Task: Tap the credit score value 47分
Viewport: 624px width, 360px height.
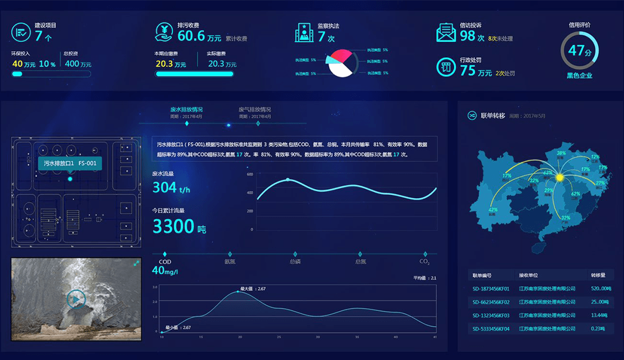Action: (579, 50)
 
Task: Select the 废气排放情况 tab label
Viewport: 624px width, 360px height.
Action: (255, 109)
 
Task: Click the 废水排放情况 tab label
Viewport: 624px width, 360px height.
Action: (186, 109)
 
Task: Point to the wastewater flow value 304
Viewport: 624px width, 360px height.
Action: (165, 187)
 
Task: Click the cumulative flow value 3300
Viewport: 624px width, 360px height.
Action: (174, 226)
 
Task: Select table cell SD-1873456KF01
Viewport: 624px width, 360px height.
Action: (491, 289)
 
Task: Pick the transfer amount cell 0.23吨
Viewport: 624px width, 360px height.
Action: (599, 328)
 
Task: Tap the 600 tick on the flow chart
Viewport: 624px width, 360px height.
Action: (250, 174)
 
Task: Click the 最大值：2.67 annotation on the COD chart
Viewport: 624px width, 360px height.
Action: (253, 289)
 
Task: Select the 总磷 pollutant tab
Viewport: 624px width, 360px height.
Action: (295, 262)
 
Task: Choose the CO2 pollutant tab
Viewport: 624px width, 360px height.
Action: (425, 262)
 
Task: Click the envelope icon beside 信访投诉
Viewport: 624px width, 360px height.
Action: (446, 33)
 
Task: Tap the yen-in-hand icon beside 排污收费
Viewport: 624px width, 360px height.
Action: (165, 32)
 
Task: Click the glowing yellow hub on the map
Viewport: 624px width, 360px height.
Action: (559, 178)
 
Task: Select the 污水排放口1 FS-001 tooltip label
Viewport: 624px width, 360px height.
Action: (70, 163)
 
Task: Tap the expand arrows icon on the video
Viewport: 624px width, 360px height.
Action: (137, 263)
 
